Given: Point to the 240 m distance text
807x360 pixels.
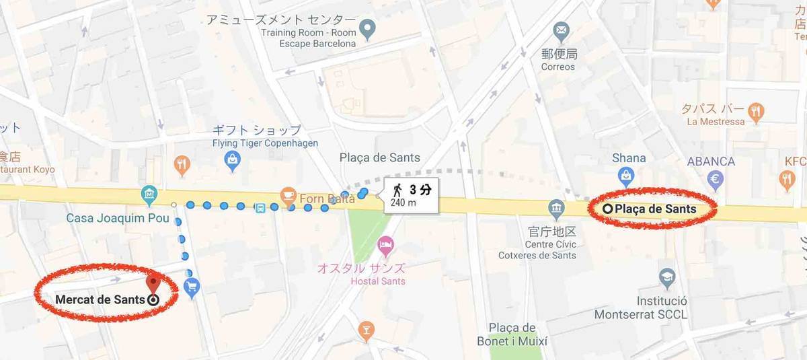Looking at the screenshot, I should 403,203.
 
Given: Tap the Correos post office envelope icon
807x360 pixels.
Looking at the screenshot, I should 560,30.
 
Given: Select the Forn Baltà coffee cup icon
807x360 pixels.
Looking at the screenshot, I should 289,196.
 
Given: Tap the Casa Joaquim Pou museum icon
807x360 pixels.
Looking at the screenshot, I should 149,196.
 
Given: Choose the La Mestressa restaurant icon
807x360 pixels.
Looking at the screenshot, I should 757,112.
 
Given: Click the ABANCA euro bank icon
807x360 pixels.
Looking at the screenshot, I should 716,179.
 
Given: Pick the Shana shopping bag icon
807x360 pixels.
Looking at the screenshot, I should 627,176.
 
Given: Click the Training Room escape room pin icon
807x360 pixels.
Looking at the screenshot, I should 367,29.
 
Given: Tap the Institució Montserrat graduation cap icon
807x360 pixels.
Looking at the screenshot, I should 666,277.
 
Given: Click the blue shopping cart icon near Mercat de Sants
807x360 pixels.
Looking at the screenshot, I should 192,287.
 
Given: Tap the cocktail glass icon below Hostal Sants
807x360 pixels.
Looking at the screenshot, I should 366,330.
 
